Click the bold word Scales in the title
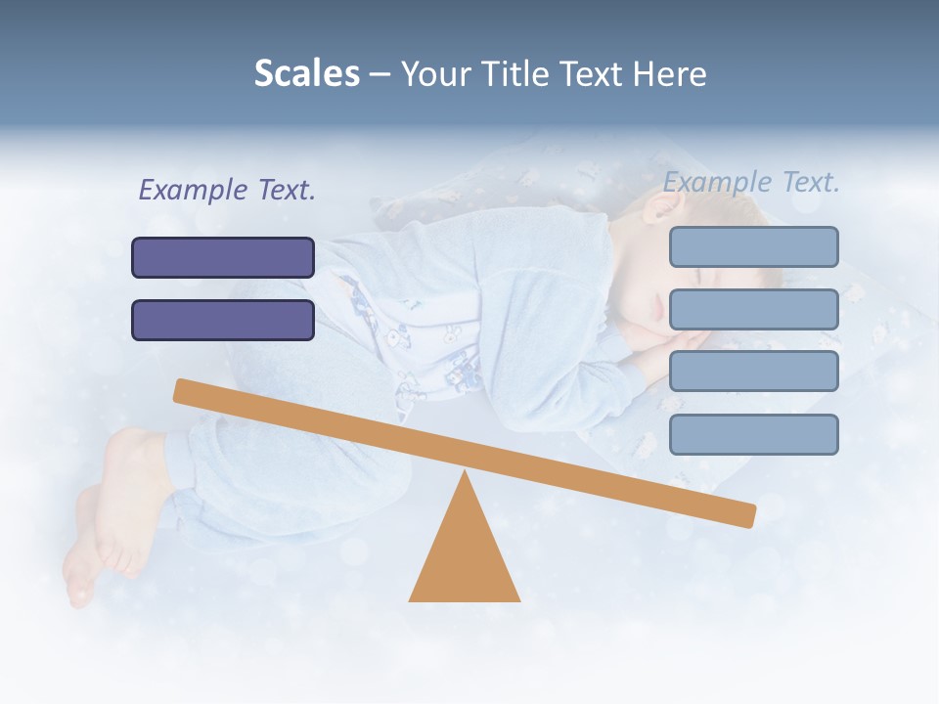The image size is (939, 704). pos(307,73)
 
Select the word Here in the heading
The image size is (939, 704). pos(670,73)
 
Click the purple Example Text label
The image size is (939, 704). pos(227,190)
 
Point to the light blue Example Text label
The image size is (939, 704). pos(751,182)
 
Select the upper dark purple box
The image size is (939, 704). pos(223,257)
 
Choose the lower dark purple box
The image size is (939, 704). pos(223,320)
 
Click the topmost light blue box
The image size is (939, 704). pos(753,246)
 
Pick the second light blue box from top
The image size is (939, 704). pos(753,309)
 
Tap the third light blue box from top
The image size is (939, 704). pos(753,372)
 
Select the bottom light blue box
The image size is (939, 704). pos(753,434)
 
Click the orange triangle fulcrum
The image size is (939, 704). pos(465,557)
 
